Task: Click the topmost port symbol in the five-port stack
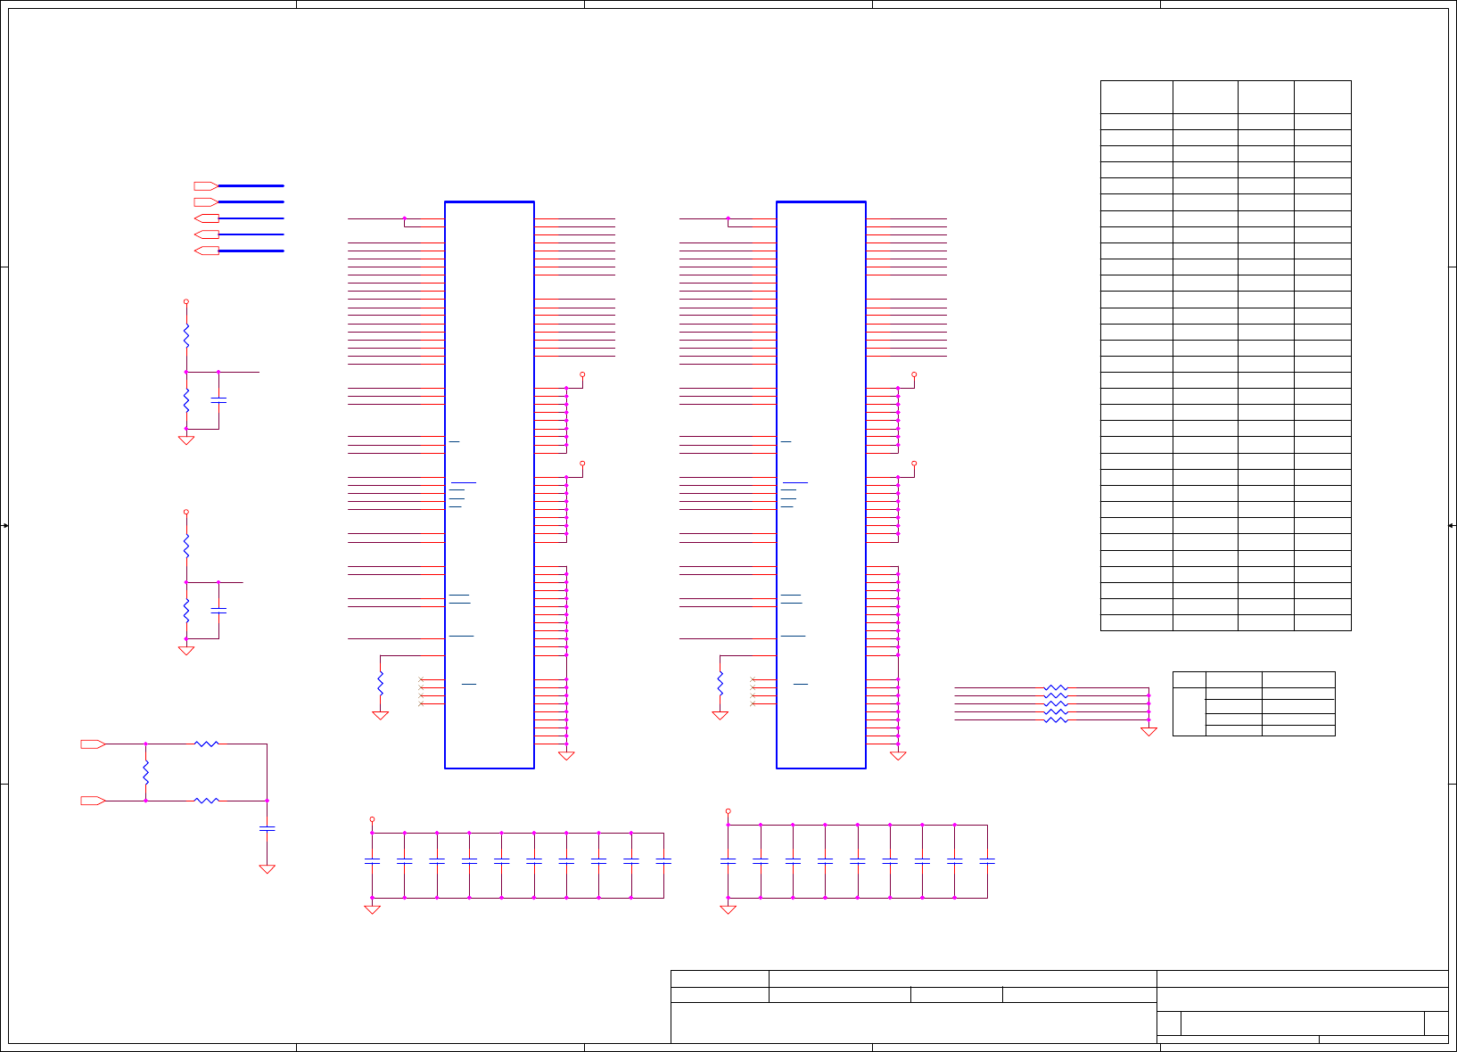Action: tap(206, 186)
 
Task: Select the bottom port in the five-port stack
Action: tap(206, 251)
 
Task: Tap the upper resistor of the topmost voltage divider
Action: tap(186, 336)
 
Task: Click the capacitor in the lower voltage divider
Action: tap(218, 611)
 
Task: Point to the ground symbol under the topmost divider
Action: tap(186, 440)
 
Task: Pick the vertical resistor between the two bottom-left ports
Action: tap(145, 772)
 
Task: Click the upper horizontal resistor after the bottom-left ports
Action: tap(206, 744)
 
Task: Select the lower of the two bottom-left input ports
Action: tap(93, 801)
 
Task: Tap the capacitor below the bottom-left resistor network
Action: tap(267, 828)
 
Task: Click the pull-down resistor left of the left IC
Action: tap(380, 684)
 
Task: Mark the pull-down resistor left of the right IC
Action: tap(720, 684)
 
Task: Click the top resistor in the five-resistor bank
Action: tap(1056, 688)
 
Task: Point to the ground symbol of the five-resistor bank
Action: tap(1148, 731)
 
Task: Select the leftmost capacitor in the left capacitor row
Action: tap(372, 861)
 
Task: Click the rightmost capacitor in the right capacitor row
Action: tap(987, 861)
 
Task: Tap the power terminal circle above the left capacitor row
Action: tap(372, 818)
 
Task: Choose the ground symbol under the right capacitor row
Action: tap(728, 909)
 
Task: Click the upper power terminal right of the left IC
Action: tap(582, 374)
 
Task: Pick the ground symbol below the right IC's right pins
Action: tap(898, 755)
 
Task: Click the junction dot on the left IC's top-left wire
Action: tap(404, 218)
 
